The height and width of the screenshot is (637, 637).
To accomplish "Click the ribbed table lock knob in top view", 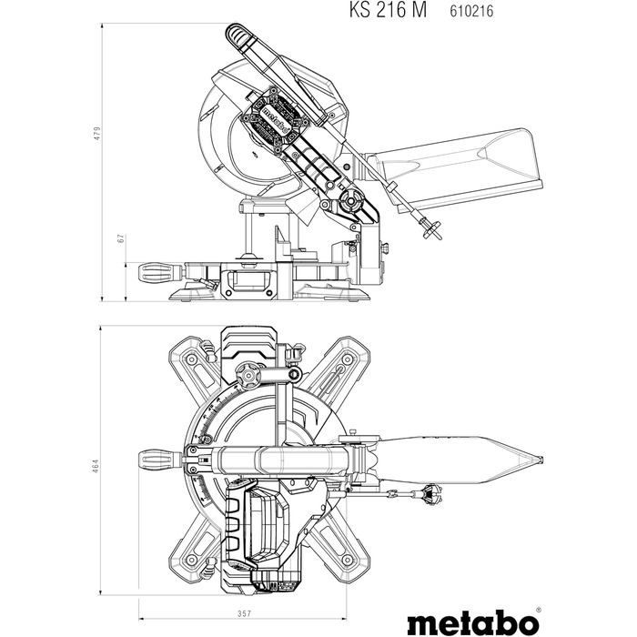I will click(158, 457).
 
